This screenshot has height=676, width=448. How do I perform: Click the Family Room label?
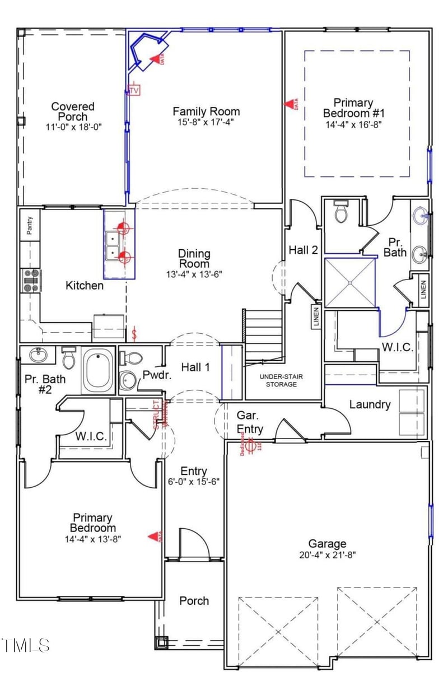click(206, 111)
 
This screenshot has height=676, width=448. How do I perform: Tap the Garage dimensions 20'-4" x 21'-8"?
click(327, 554)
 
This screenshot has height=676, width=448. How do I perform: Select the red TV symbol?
click(134, 90)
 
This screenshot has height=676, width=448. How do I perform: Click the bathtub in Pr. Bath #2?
click(99, 371)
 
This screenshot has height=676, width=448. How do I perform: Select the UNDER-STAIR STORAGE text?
click(281, 380)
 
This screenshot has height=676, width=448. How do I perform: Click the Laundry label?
click(370, 404)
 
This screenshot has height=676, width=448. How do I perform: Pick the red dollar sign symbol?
click(134, 334)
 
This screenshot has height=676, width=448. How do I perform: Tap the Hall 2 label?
click(303, 250)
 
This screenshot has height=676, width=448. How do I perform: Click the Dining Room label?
click(193, 258)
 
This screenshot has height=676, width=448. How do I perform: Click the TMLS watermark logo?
click(25, 645)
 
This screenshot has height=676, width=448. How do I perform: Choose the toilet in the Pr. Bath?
click(340, 212)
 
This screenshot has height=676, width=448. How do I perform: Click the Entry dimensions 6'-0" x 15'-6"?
click(193, 481)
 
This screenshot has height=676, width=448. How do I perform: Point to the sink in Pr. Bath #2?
click(38, 355)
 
